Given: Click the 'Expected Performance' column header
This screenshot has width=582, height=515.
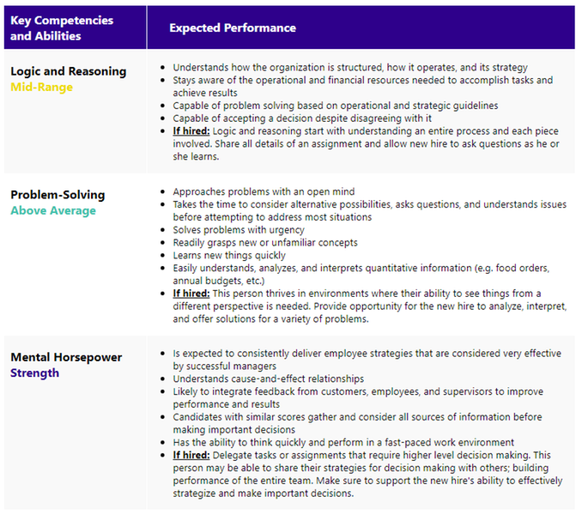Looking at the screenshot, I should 232,27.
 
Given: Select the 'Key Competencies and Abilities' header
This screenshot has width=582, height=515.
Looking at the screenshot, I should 61,27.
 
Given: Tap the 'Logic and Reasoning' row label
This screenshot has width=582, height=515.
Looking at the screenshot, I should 68,71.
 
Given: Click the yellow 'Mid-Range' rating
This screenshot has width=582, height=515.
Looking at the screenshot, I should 41,87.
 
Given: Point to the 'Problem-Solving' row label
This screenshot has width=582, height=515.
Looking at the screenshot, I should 58,195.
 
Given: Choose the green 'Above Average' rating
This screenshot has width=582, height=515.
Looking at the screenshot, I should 53,210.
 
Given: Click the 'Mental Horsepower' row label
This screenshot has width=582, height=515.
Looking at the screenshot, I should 66,357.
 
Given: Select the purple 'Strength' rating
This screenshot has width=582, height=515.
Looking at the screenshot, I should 34,373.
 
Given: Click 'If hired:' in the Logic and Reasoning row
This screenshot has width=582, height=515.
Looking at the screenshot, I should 191,131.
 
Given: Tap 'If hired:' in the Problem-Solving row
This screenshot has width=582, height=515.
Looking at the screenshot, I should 191,293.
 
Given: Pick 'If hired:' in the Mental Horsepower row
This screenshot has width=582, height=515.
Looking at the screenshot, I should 191,454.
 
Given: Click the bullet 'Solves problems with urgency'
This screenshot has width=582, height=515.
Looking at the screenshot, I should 239,230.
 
